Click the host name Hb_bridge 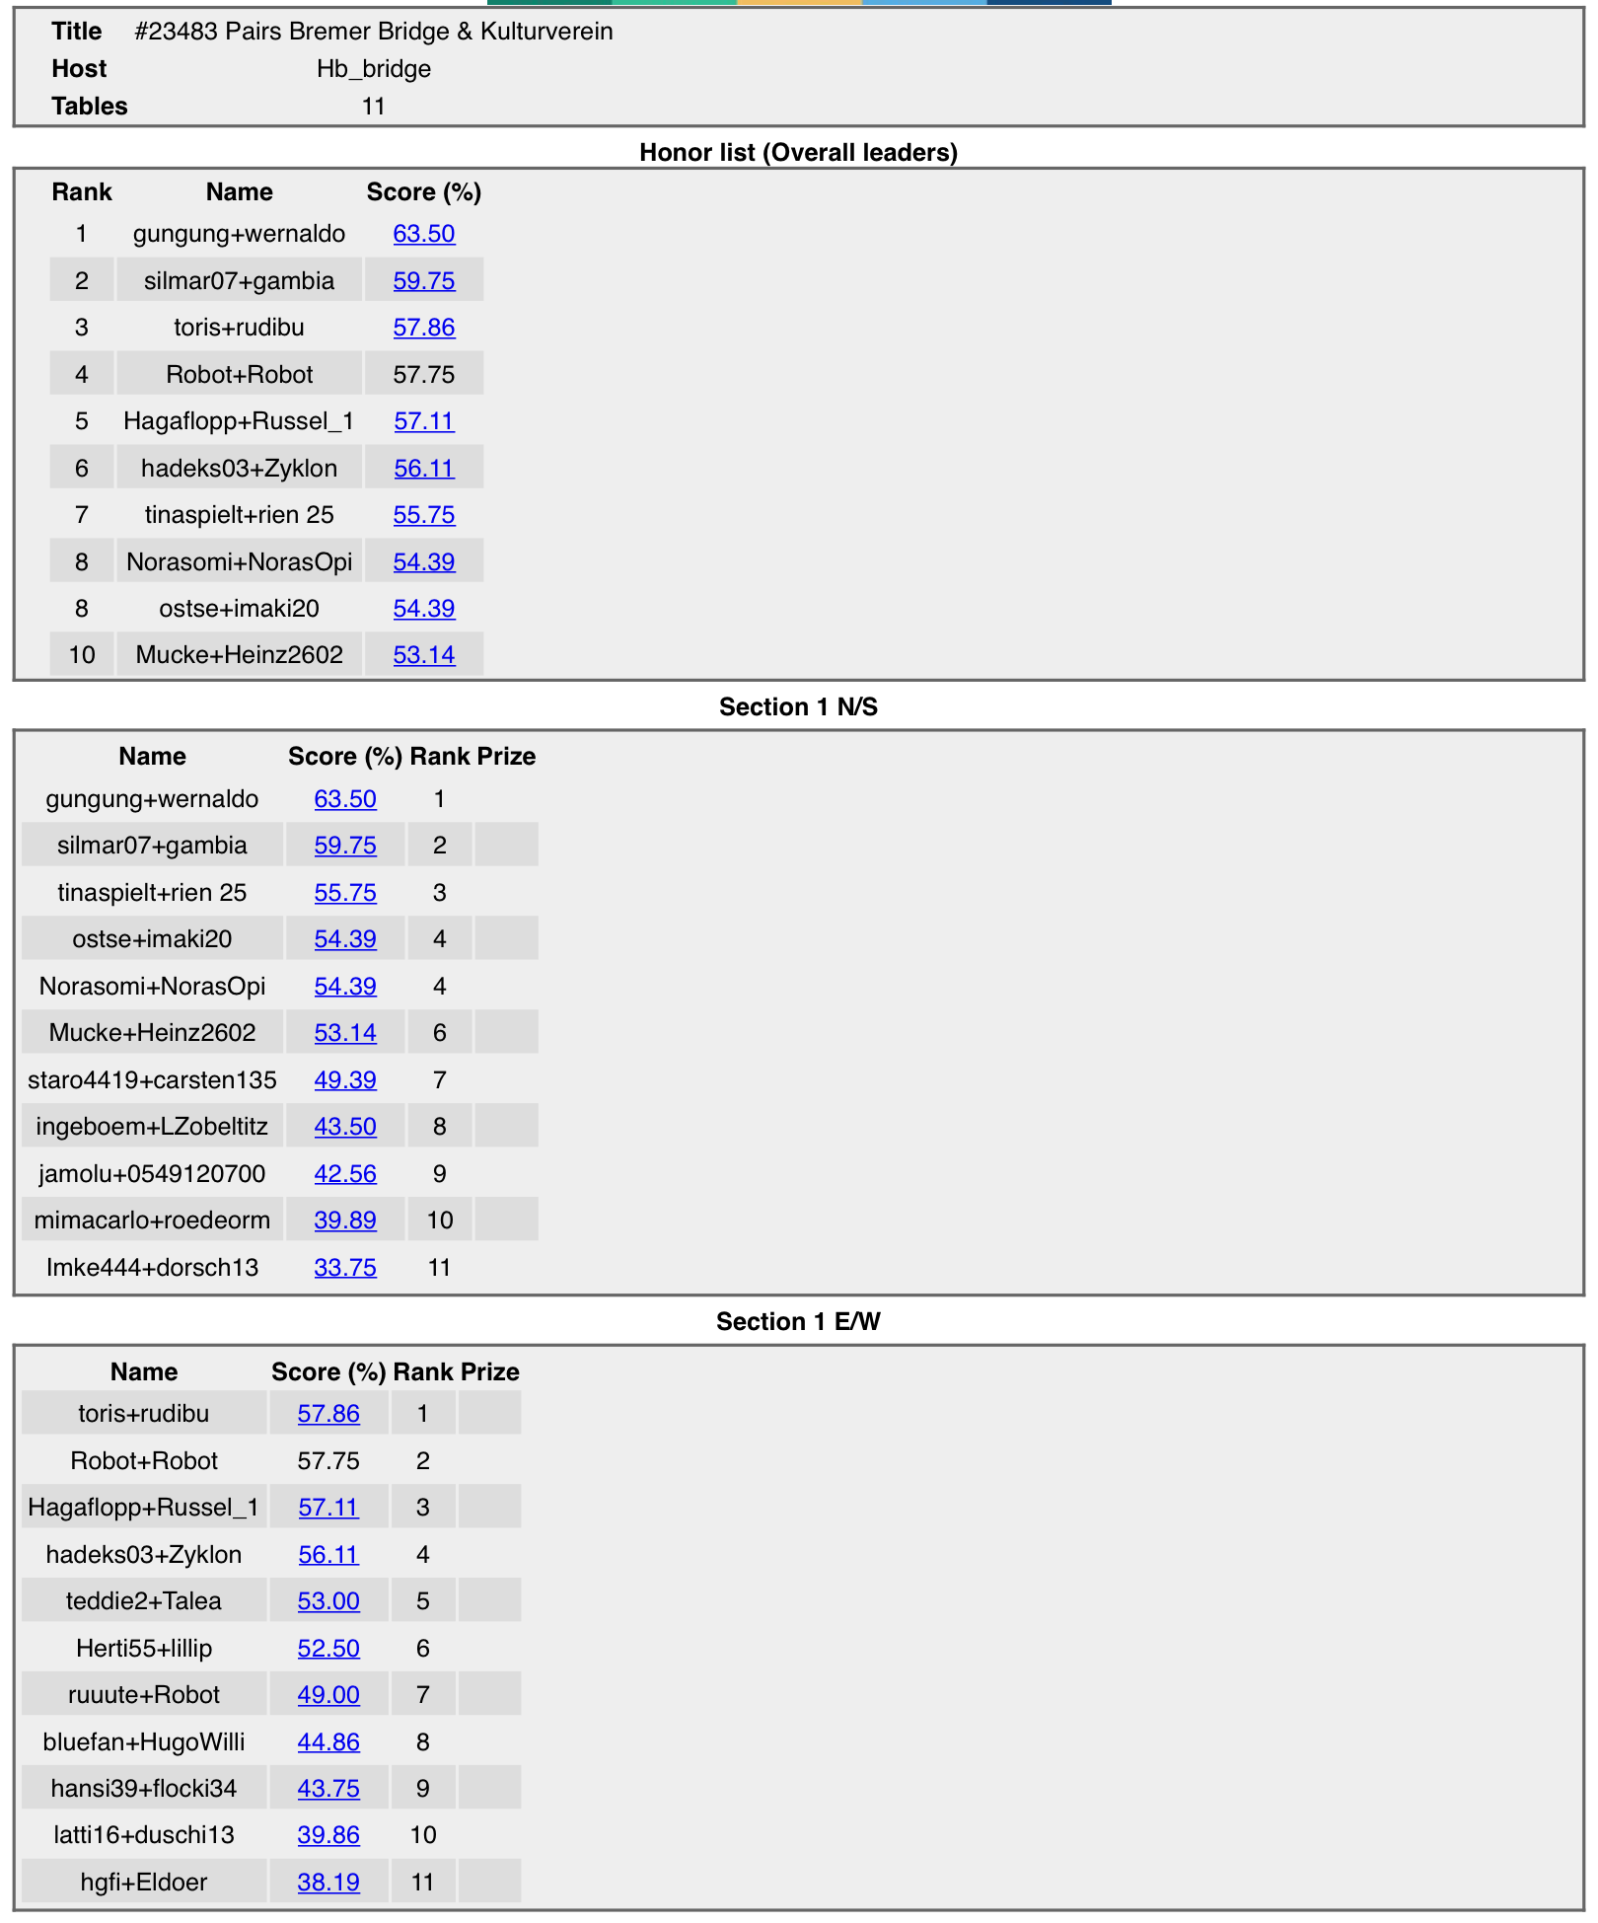point(373,69)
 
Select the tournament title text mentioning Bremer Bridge point(373,32)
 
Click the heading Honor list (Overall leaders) point(798,152)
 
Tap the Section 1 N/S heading point(798,706)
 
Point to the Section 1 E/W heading point(798,1321)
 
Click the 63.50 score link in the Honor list point(424,234)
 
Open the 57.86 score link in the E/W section point(328,1414)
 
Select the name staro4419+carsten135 point(152,1079)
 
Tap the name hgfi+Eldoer point(144,1882)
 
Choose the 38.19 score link point(328,1882)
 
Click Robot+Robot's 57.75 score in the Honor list point(424,375)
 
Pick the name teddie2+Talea point(144,1600)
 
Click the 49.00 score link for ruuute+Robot point(328,1694)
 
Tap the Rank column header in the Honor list point(82,192)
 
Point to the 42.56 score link point(345,1173)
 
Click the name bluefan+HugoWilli point(144,1741)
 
